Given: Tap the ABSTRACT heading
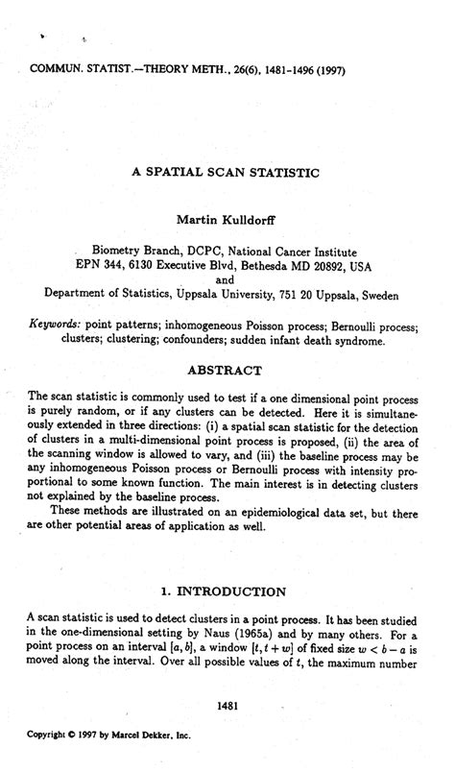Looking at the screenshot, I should (x=226, y=370).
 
